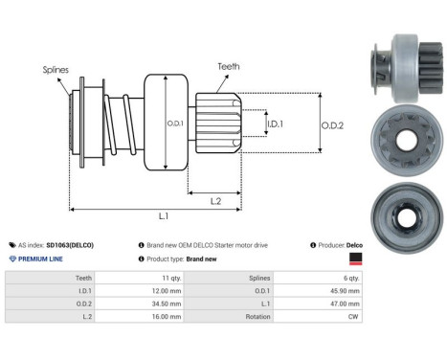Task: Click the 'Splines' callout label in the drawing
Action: [x=56, y=70]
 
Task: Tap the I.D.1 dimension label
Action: [x=275, y=125]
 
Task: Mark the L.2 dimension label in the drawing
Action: [x=217, y=200]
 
